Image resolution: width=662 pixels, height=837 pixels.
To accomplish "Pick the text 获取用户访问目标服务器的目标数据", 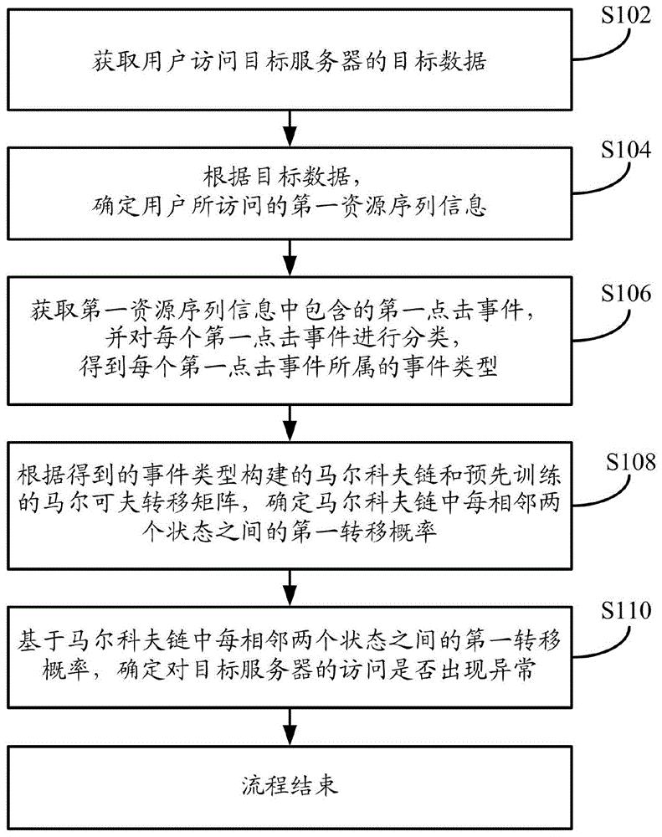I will (x=290, y=61).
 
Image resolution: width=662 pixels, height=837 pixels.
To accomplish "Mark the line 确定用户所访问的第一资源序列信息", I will (x=290, y=206).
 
